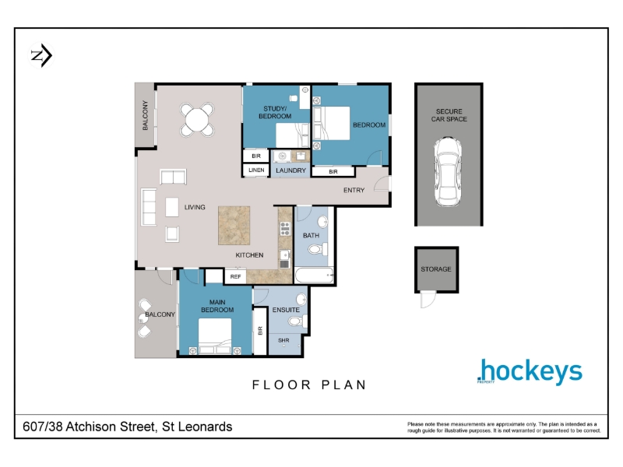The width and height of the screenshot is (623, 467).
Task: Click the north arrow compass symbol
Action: point(41,55)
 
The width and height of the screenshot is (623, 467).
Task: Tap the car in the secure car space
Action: point(448,171)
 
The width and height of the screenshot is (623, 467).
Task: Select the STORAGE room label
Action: point(436,269)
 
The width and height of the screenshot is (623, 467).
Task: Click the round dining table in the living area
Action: point(197,120)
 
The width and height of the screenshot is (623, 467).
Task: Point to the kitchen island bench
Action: point(234,225)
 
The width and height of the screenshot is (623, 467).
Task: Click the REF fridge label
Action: point(235,276)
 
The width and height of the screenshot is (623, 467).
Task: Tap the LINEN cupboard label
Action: point(256,170)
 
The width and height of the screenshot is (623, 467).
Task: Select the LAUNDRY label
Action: point(290,170)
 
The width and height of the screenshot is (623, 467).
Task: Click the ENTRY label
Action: point(354,190)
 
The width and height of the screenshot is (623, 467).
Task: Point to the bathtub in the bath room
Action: point(315,276)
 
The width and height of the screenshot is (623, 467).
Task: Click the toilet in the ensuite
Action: point(297,321)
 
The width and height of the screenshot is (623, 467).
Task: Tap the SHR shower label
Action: point(283,340)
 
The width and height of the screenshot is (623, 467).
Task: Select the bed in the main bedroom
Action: point(215,336)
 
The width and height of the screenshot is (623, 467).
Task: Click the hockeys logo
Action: point(530,371)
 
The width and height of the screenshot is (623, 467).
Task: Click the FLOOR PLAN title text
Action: point(309,384)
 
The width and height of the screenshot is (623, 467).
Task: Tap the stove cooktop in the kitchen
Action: point(285,229)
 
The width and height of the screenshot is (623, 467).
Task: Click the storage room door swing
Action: point(428,300)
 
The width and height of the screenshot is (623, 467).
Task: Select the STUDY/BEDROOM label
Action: point(275,112)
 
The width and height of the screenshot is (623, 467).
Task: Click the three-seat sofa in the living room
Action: point(149,207)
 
